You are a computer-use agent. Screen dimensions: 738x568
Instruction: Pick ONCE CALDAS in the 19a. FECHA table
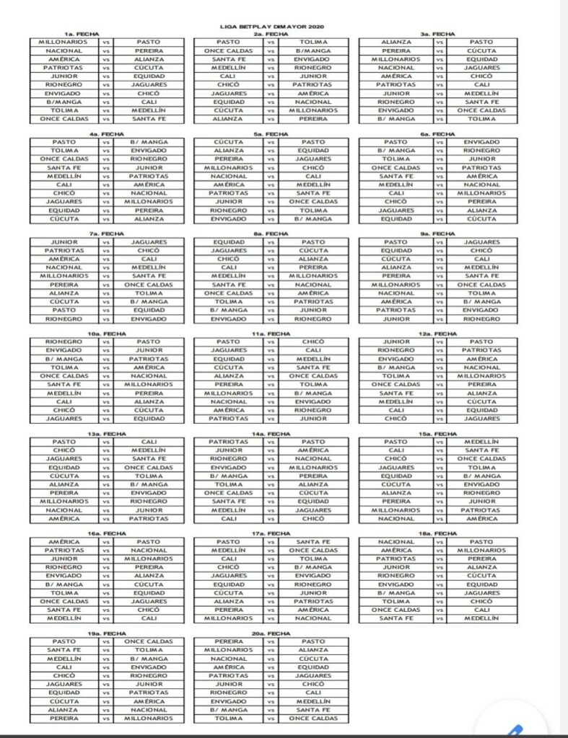click(149, 641)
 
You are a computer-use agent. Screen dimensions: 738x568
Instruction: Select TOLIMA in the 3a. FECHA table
click(481, 119)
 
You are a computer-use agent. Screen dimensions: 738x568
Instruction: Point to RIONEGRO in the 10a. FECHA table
click(64, 342)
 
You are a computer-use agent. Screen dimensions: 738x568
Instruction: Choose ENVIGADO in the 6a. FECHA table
click(481, 142)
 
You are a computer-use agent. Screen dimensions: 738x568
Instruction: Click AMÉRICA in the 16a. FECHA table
click(64, 542)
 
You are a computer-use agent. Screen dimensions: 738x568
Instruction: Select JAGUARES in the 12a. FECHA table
click(481, 419)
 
